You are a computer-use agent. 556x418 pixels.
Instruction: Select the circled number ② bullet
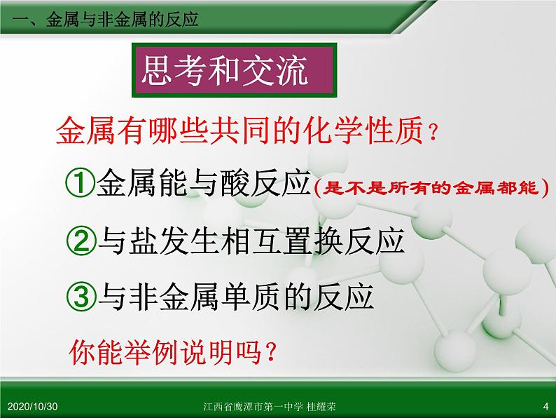point(81,241)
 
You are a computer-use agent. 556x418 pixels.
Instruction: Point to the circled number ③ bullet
point(81,297)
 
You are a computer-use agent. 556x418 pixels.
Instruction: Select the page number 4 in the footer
point(545,407)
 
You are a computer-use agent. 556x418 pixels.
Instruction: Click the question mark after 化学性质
point(436,132)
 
